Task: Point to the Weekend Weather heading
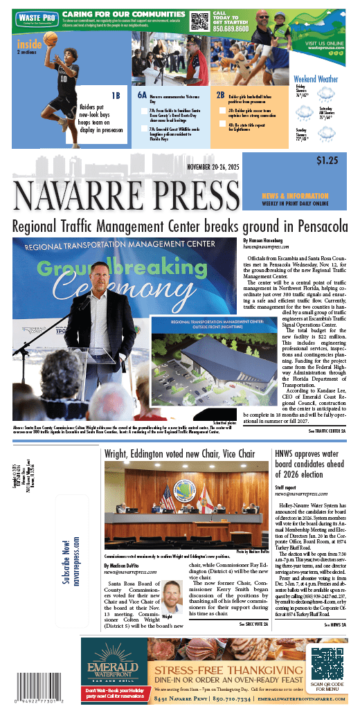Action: (316, 79)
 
